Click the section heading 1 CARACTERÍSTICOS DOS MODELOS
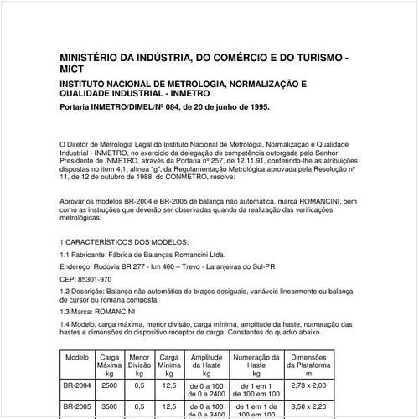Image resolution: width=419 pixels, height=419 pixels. click(x=127, y=241)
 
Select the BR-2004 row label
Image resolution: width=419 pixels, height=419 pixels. click(x=77, y=386)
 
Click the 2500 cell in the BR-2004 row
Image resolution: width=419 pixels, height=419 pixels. click(x=109, y=386)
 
